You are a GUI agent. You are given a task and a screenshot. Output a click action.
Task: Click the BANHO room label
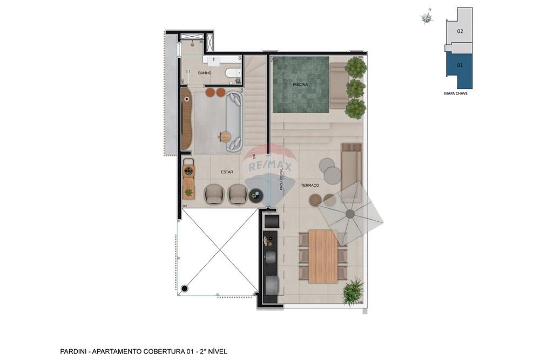click(205, 73)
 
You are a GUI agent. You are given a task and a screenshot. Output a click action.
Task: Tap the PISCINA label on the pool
click(300, 85)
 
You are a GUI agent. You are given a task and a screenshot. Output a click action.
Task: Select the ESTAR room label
click(227, 172)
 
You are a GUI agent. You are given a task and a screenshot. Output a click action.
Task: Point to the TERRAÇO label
click(310, 185)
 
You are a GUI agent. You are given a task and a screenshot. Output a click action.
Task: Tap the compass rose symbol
click(427, 18)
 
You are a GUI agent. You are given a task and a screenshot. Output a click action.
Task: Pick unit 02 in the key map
click(460, 31)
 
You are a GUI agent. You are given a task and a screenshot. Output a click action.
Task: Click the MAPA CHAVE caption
click(455, 94)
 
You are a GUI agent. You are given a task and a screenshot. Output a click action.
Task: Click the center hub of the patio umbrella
click(350, 214)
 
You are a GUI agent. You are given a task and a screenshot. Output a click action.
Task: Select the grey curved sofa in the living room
click(235, 120)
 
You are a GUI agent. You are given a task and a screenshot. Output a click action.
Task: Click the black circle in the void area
click(185, 289)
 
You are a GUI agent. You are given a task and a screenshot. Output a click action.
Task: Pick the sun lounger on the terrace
click(352, 162)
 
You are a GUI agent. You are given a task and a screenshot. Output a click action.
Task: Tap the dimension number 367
click(185, 206)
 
